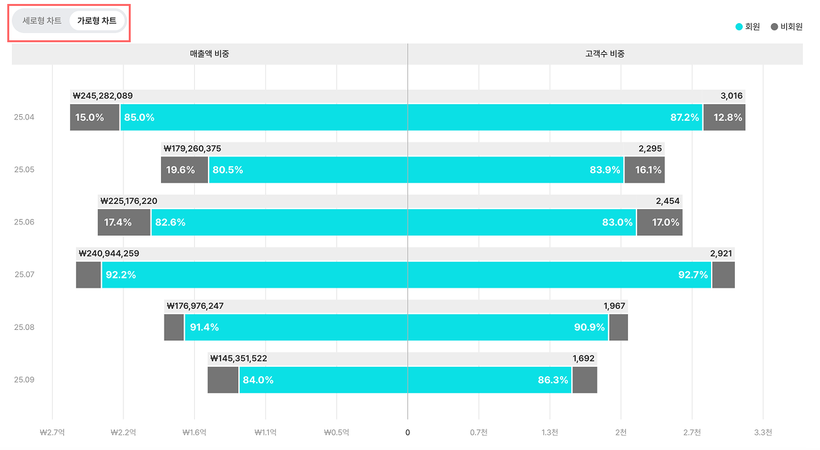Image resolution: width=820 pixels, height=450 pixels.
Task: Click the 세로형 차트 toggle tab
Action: click(x=42, y=21)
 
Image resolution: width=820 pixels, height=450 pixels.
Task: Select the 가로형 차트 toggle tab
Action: click(x=96, y=21)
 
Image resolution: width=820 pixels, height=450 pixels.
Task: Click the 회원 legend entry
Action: click(x=748, y=27)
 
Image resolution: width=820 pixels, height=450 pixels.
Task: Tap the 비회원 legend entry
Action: click(x=786, y=27)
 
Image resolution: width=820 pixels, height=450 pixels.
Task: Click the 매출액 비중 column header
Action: click(x=209, y=54)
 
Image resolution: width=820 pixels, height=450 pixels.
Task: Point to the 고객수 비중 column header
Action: click(x=605, y=54)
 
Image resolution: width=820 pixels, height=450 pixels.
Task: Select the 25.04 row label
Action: click(x=24, y=117)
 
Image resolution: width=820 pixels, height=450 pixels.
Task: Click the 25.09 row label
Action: click(x=24, y=379)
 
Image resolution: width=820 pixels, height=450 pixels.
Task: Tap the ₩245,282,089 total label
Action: click(x=103, y=96)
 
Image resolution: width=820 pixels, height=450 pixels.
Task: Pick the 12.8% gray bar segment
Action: click(x=724, y=117)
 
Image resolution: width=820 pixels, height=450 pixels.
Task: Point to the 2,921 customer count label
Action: click(x=722, y=253)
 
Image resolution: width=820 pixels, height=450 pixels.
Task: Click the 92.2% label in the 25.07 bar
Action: click(x=121, y=274)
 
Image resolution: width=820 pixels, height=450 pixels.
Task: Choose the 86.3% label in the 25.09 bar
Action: click(x=553, y=380)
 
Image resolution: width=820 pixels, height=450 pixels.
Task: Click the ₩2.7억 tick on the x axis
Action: click(x=51, y=433)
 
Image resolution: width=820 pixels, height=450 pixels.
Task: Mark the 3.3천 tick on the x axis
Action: click(x=763, y=433)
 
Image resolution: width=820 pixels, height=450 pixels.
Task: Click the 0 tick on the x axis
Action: click(x=407, y=433)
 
